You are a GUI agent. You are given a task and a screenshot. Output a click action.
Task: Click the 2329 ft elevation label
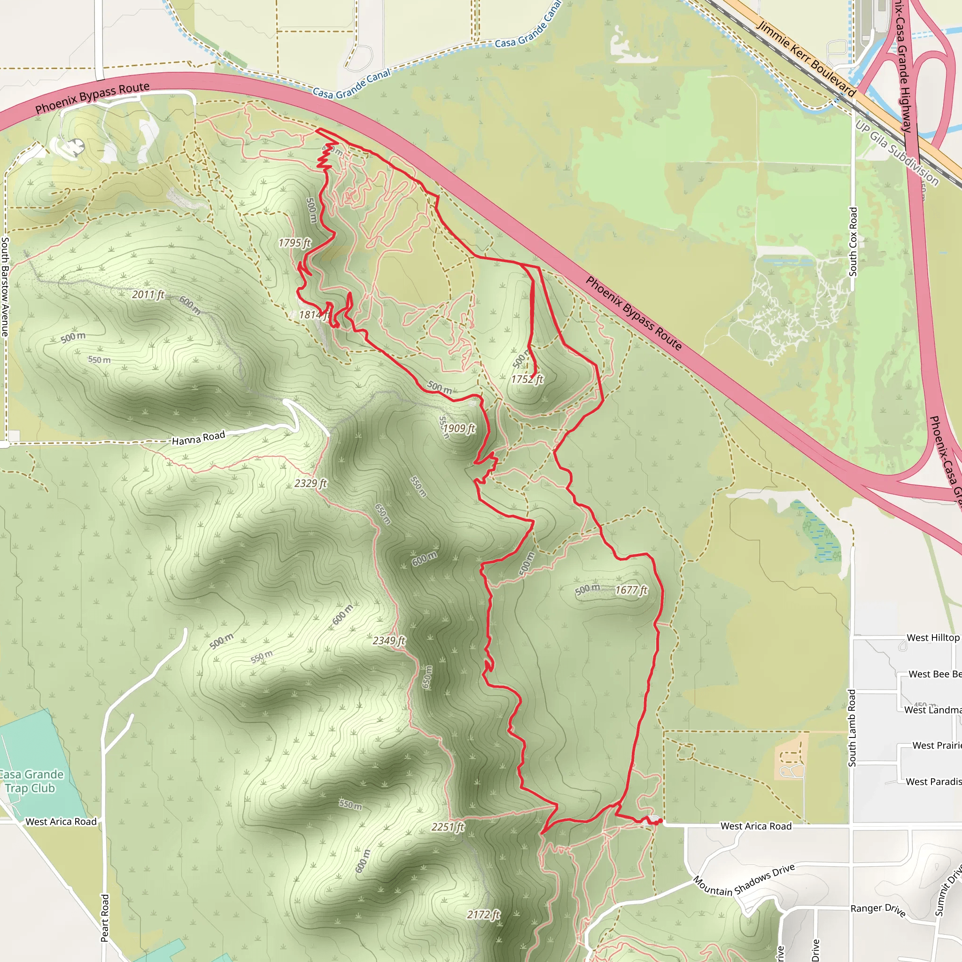[310, 483]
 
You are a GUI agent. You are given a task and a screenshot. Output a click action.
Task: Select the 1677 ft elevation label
[631, 590]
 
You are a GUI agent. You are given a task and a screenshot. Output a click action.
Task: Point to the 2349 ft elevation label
[389, 640]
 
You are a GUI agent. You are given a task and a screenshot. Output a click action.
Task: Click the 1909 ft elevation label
[459, 428]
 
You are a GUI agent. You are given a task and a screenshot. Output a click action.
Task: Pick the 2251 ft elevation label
[448, 827]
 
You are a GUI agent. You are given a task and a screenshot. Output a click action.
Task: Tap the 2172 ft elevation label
[483, 915]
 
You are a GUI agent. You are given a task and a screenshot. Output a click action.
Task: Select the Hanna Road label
[198, 438]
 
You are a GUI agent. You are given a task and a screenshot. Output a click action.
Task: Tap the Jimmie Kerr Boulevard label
[806, 58]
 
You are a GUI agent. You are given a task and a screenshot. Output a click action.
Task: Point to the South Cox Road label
[853, 242]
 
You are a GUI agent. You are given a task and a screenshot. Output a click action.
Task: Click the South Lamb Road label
[852, 728]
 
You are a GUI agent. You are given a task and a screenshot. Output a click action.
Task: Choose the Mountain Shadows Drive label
[744, 881]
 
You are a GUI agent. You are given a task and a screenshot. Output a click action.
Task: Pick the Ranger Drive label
[878, 909]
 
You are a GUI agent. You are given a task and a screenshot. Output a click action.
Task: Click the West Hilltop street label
[932, 638]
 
